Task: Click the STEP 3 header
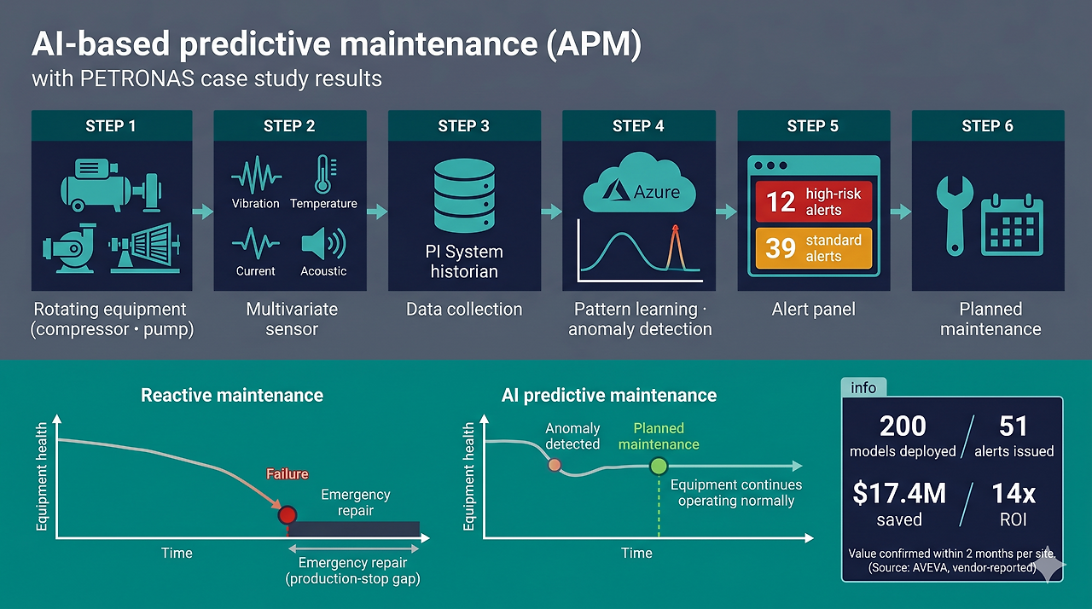coord(463,126)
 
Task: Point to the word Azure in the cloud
coord(656,192)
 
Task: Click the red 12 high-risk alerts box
coord(813,201)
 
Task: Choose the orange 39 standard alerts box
coord(813,247)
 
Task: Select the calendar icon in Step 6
coord(1011,225)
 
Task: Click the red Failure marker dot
coord(287,514)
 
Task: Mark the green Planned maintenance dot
coord(659,467)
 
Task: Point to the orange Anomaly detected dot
coord(555,465)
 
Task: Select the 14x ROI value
coord(1014,494)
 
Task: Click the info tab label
coord(863,388)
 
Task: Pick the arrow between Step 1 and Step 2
coord(203,212)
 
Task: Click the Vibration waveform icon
coord(255,176)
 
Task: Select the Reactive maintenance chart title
coord(232,396)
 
